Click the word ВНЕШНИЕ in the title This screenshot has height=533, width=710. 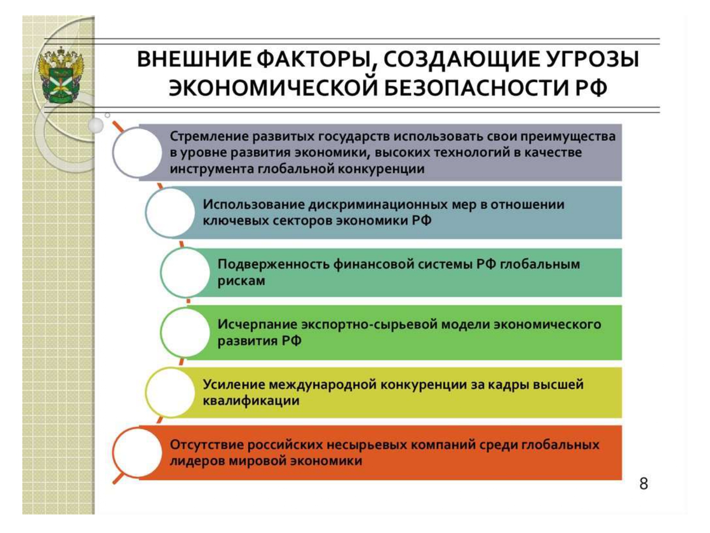[x=194, y=60]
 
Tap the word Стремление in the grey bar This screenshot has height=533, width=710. [x=208, y=136]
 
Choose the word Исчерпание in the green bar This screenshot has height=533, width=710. [x=257, y=325]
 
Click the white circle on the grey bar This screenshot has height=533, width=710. [x=137, y=153]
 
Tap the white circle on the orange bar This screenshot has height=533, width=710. [x=137, y=452]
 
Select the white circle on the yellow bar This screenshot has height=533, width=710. [x=170, y=392]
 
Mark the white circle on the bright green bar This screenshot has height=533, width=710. [x=185, y=333]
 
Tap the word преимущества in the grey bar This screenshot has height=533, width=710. [x=568, y=136]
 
